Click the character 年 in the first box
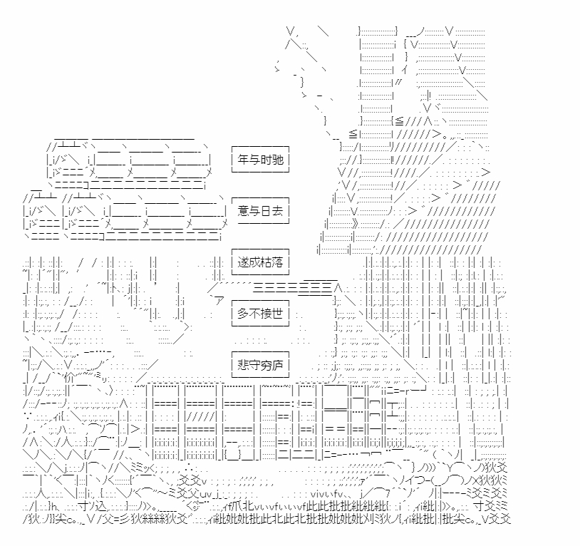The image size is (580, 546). click(x=243, y=160)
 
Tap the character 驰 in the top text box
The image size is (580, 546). click(x=277, y=160)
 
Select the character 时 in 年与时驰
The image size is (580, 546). click(x=266, y=160)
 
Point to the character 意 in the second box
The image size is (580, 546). click(x=243, y=211)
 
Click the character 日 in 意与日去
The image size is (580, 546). click(x=266, y=211)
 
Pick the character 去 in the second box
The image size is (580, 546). click(x=277, y=211)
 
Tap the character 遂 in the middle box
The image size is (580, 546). click(x=243, y=262)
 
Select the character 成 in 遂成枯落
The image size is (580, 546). click(x=254, y=262)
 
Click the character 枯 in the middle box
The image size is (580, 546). click(x=266, y=262)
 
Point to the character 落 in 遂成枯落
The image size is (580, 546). click(x=277, y=262)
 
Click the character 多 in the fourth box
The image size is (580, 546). click(x=243, y=314)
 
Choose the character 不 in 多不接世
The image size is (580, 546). click(x=254, y=314)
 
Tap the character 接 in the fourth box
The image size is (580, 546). click(x=266, y=314)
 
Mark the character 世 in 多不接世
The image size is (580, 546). click(x=277, y=314)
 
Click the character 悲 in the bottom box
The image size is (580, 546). click(x=243, y=365)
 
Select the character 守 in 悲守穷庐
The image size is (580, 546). click(x=254, y=365)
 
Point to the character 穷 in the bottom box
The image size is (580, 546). click(x=266, y=365)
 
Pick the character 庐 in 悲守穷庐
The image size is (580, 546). click(x=277, y=365)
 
